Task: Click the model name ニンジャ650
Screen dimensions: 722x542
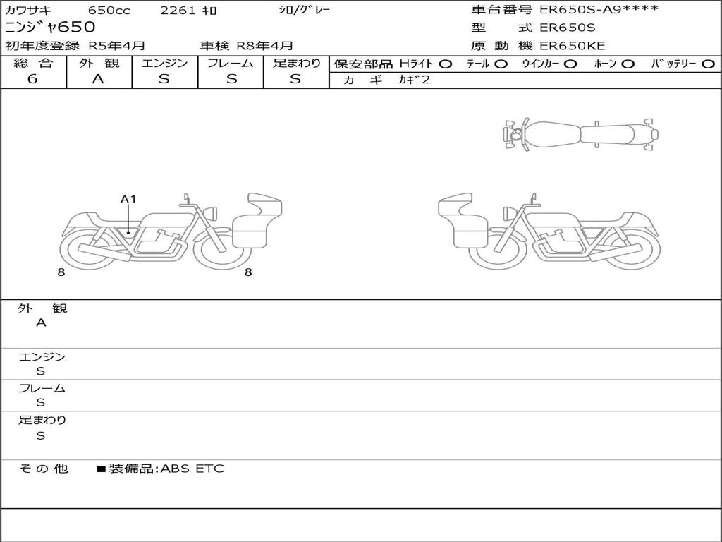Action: (50, 28)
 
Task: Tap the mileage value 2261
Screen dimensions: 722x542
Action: (178, 10)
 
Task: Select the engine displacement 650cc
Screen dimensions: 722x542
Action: (109, 10)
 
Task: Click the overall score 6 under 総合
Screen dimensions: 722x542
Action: (32, 79)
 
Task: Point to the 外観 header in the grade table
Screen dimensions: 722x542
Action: (99, 63)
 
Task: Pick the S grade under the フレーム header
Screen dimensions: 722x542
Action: (231, 79)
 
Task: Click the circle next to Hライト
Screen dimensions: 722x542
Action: (446, 64)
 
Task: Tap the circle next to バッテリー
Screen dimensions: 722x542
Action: (708, 64)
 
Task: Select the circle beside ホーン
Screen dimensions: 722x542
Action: (628, 64)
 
